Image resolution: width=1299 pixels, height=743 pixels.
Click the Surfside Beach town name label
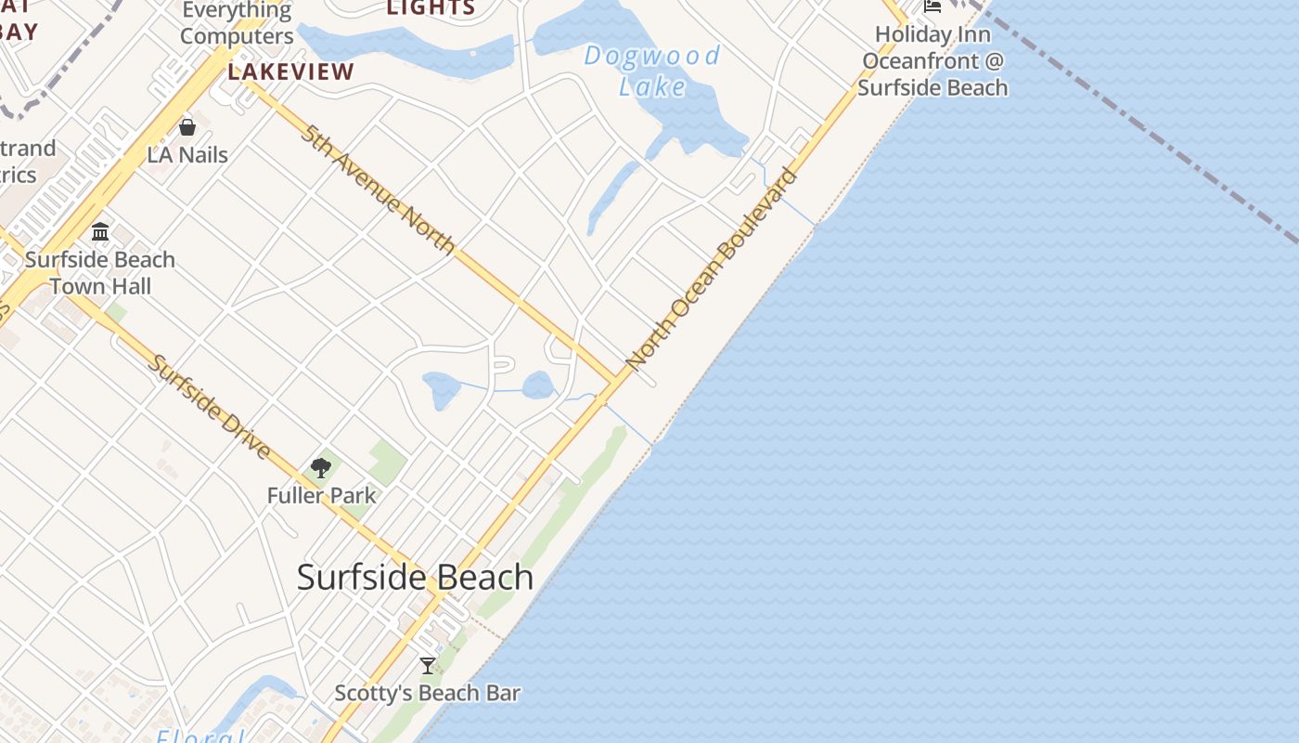point(415,578)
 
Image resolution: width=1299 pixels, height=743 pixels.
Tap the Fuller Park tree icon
point(321,468)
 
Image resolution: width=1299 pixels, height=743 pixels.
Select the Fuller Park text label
point(321,495)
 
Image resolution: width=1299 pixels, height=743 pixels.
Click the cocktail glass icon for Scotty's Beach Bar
point(428,666)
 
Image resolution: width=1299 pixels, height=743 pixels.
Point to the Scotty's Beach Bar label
point(427,693)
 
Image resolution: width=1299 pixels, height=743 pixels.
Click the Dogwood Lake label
point(652,71)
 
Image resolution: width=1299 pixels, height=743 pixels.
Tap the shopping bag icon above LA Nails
point(187,127)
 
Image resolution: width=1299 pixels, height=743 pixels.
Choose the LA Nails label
point(187,154)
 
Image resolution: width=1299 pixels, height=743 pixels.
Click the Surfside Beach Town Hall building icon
point(100,232)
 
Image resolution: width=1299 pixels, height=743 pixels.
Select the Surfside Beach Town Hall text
point(100,273)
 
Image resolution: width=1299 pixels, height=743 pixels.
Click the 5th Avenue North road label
point(379,189)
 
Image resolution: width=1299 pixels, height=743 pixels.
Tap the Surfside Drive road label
point(210,407)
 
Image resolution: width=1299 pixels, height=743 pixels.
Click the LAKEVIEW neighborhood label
point(291,72)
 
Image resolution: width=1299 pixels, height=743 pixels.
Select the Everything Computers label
point(237,23)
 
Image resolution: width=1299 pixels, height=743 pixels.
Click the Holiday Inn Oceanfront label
point(932,61)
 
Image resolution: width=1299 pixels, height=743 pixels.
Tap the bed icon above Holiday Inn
point(932,7)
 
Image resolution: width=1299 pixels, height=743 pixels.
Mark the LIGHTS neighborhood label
point(431,8)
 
